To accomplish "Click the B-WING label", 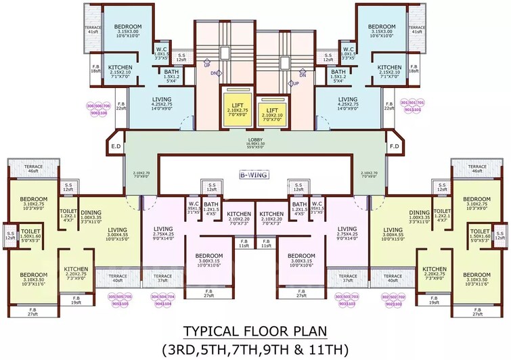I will pos(255,175).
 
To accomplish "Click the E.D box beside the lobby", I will pos(116,146).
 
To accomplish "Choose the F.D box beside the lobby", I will pos(394,146).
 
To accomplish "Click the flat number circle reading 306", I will pos(89,106).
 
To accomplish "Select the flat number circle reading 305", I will pos(110,296).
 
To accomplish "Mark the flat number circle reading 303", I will pos(338,296).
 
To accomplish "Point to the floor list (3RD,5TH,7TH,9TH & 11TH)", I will pos(255,349).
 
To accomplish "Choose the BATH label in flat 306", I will pos(171,76).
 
